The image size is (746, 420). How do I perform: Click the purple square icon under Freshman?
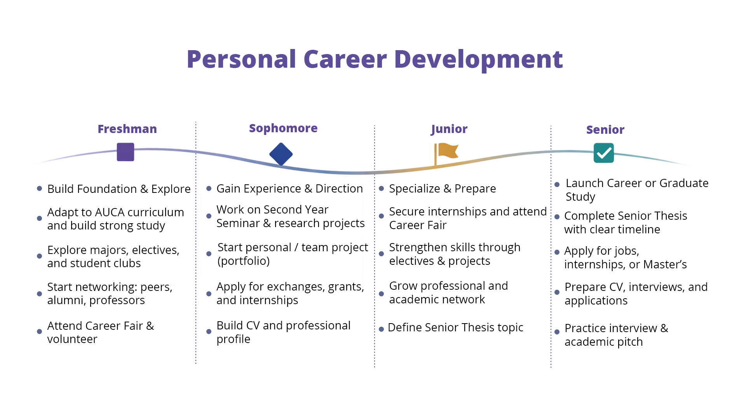point(125,152)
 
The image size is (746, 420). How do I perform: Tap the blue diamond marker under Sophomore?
point(281,154)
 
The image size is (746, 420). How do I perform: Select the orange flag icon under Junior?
point(446,154)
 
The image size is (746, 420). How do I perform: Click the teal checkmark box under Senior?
point(604,153)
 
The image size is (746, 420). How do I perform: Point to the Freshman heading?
point(127,129)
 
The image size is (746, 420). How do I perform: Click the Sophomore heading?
point(283,128)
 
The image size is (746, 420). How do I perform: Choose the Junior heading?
point(449,129)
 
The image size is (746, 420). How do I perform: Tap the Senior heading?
point(605,129)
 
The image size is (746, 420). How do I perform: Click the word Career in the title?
point(345,59)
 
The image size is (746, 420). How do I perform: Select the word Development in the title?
point(478,60)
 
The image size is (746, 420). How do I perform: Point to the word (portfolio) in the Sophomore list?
point(244,261)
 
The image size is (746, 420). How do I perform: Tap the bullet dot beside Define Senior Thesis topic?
point(381,329)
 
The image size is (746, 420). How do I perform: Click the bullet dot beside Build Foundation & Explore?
point(39,189)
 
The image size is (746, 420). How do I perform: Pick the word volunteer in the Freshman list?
point(72,339)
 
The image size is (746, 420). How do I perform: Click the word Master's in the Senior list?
point(665,264)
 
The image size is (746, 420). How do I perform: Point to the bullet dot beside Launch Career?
point(557,185)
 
